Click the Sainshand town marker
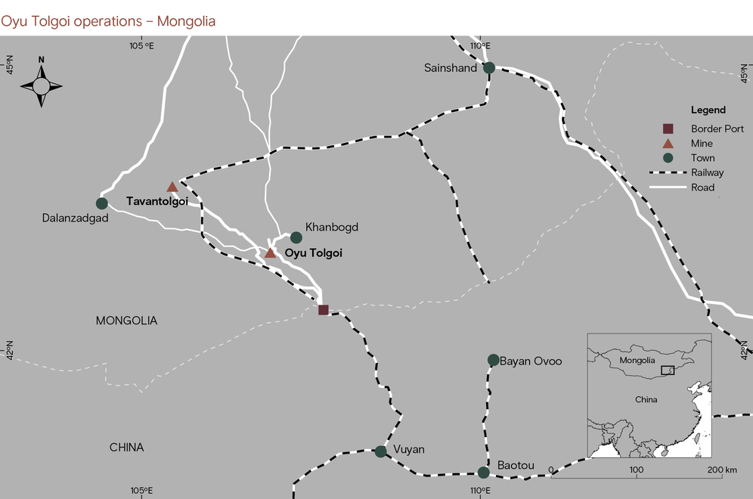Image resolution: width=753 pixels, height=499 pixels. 489,68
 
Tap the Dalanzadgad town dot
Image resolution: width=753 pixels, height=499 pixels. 102,203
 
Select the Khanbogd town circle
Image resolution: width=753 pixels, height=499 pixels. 296,237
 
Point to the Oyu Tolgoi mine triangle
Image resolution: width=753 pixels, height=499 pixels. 270,253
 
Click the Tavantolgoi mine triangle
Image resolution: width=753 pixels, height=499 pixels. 172,187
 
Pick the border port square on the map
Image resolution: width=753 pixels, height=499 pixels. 324,310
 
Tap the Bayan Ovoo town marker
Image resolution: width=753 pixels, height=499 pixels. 493,360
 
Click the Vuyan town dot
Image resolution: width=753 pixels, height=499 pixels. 380,451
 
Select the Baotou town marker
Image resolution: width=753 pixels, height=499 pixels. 483,473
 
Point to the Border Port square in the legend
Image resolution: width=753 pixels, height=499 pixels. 668,129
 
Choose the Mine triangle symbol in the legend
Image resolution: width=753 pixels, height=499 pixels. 668,144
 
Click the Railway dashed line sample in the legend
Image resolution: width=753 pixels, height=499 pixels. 668,173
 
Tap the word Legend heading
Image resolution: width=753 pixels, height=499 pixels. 708,110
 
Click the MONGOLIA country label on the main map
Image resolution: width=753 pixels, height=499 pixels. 126,321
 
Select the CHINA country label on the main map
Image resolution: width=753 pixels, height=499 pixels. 126,448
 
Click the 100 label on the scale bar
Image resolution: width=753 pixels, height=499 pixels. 637,470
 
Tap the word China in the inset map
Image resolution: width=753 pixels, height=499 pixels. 645,398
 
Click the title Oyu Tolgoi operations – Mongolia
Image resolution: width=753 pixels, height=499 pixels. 108,21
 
